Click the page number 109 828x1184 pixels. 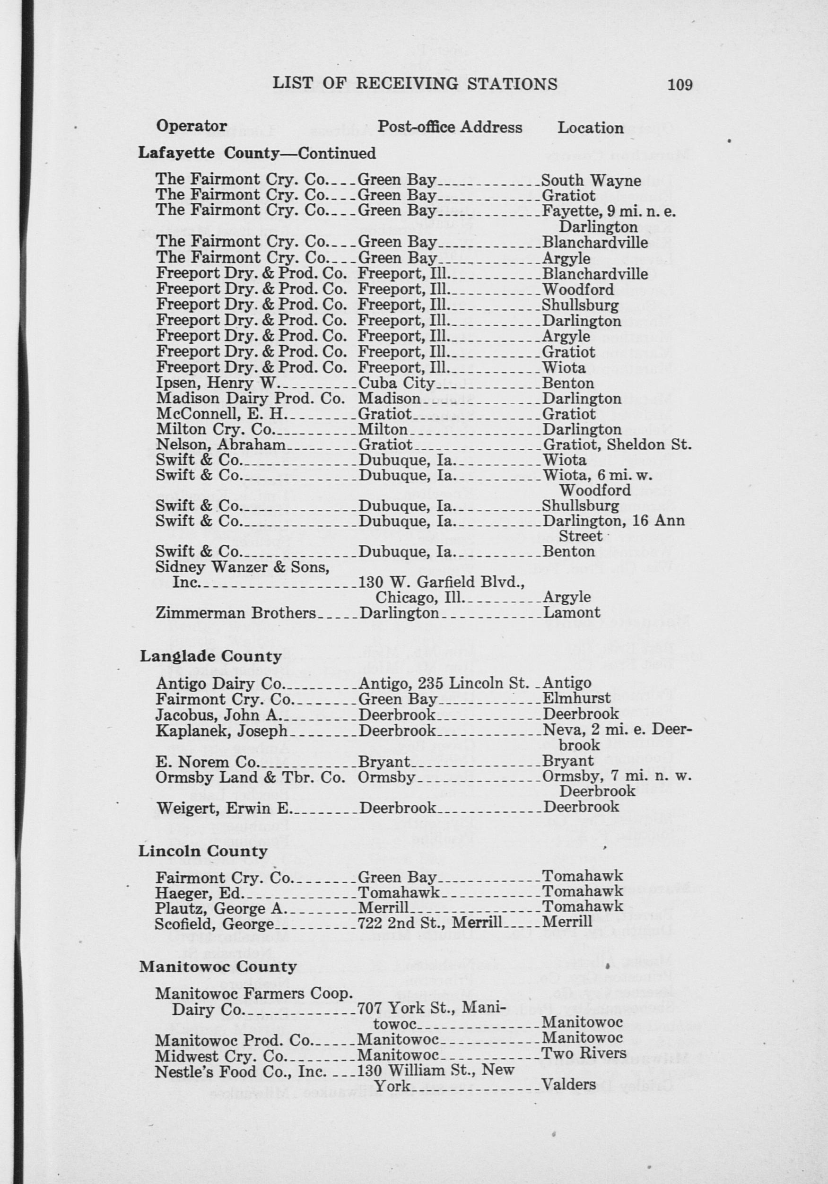coord(680,85)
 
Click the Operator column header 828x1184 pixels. coord(191,126)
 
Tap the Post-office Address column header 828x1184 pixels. coord(450,127)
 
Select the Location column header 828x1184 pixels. coord(590,128)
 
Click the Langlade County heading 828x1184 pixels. coord(211,656)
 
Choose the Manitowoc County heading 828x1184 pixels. coord(218,967)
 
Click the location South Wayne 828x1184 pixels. coord(592,181)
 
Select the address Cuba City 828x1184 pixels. coord(398,383)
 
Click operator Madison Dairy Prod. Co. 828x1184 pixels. coord(250,399)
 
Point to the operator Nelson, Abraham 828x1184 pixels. coord(221,444)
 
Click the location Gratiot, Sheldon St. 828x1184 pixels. coord(617,444)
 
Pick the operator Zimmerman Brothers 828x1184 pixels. coord(235,613)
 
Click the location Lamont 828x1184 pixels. coord(571,613)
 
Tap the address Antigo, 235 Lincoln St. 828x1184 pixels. coord(444,683)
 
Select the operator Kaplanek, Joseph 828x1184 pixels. coord(221,731)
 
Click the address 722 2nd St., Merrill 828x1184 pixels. coord(429,922)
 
